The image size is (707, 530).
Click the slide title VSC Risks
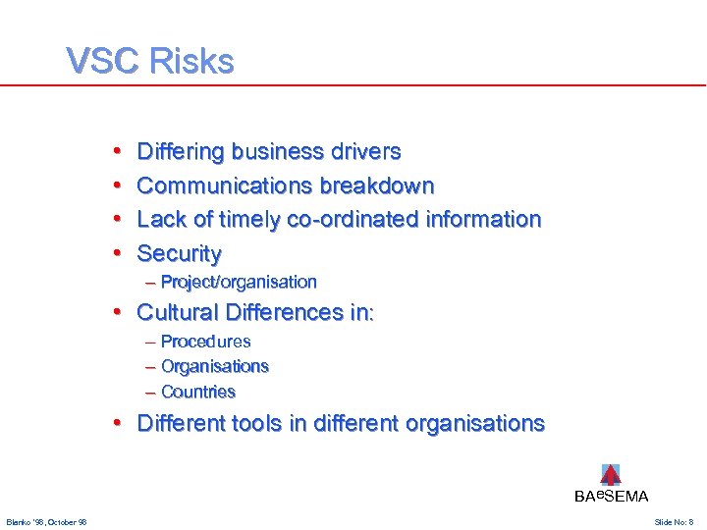click(150, 62)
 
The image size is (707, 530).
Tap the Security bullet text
click(180, 253)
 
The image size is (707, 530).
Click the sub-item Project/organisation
click(239, 283)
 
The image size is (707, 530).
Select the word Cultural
click(178, 313)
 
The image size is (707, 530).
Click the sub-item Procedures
click(205, 342)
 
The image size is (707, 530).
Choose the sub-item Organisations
click(214, 366)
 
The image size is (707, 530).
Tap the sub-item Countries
click(197, 392)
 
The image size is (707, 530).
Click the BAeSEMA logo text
click(611, 497)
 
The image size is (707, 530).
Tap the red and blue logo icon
click(611, 475)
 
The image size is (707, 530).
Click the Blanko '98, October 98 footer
click(46, 521)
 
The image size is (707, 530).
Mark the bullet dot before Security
click(116, 253)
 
